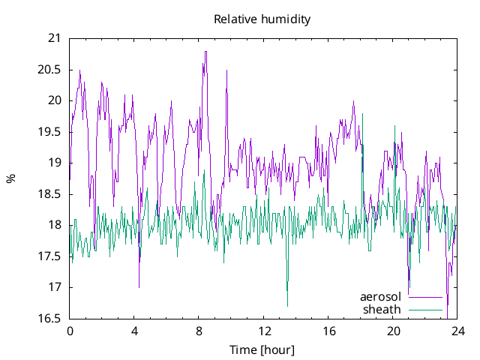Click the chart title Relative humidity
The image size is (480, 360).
click(262, 19)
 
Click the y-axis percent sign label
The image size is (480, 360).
click(10, 178)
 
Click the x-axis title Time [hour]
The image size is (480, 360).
click(262, 349)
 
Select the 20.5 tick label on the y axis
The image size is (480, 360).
click(51, 69)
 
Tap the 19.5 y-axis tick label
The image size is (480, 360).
click(51, 131)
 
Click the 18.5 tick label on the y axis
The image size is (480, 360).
click(51, 194)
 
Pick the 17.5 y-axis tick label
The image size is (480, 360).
click(51, 256)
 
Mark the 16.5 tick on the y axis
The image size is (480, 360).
click(51, 319)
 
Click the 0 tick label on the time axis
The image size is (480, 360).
click(70, 331)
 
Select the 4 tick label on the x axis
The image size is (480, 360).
click(134, 331)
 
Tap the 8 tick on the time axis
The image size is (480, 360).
click(199, 331)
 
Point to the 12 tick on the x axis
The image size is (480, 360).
click(264, 331)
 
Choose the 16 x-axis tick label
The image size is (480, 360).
click(328, 331)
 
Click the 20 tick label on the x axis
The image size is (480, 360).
click(393, 331)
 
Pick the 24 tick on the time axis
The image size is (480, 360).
click(457, 331)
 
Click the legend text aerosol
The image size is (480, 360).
click(381, 297)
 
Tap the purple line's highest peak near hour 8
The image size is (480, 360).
click(205, 52)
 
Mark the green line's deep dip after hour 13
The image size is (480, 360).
click(287, 305)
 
